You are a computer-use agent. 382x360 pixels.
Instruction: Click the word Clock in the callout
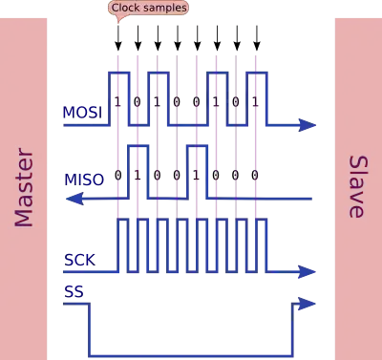125,9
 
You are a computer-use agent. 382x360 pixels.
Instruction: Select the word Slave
356,187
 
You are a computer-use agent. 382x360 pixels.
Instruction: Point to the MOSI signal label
82,112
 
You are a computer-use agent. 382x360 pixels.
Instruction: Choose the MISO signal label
82,178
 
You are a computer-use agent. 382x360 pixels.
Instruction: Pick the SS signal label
72,289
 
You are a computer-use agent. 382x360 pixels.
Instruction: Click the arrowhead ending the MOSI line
306,124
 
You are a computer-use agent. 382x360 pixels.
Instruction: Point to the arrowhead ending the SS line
305,305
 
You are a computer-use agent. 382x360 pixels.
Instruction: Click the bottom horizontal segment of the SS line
191,350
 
